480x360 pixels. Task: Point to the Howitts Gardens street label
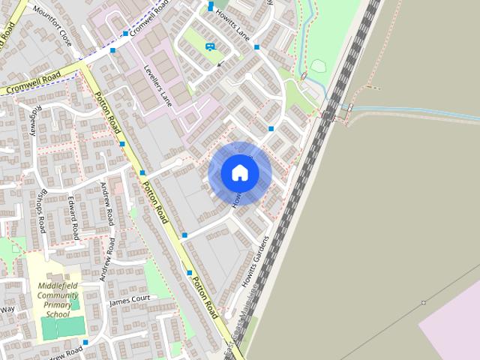[x=254, y=262]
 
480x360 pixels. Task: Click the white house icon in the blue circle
[x=240, y=172]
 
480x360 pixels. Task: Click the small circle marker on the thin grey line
[x=424, y=303]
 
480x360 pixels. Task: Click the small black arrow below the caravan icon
[x=219, y=64]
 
